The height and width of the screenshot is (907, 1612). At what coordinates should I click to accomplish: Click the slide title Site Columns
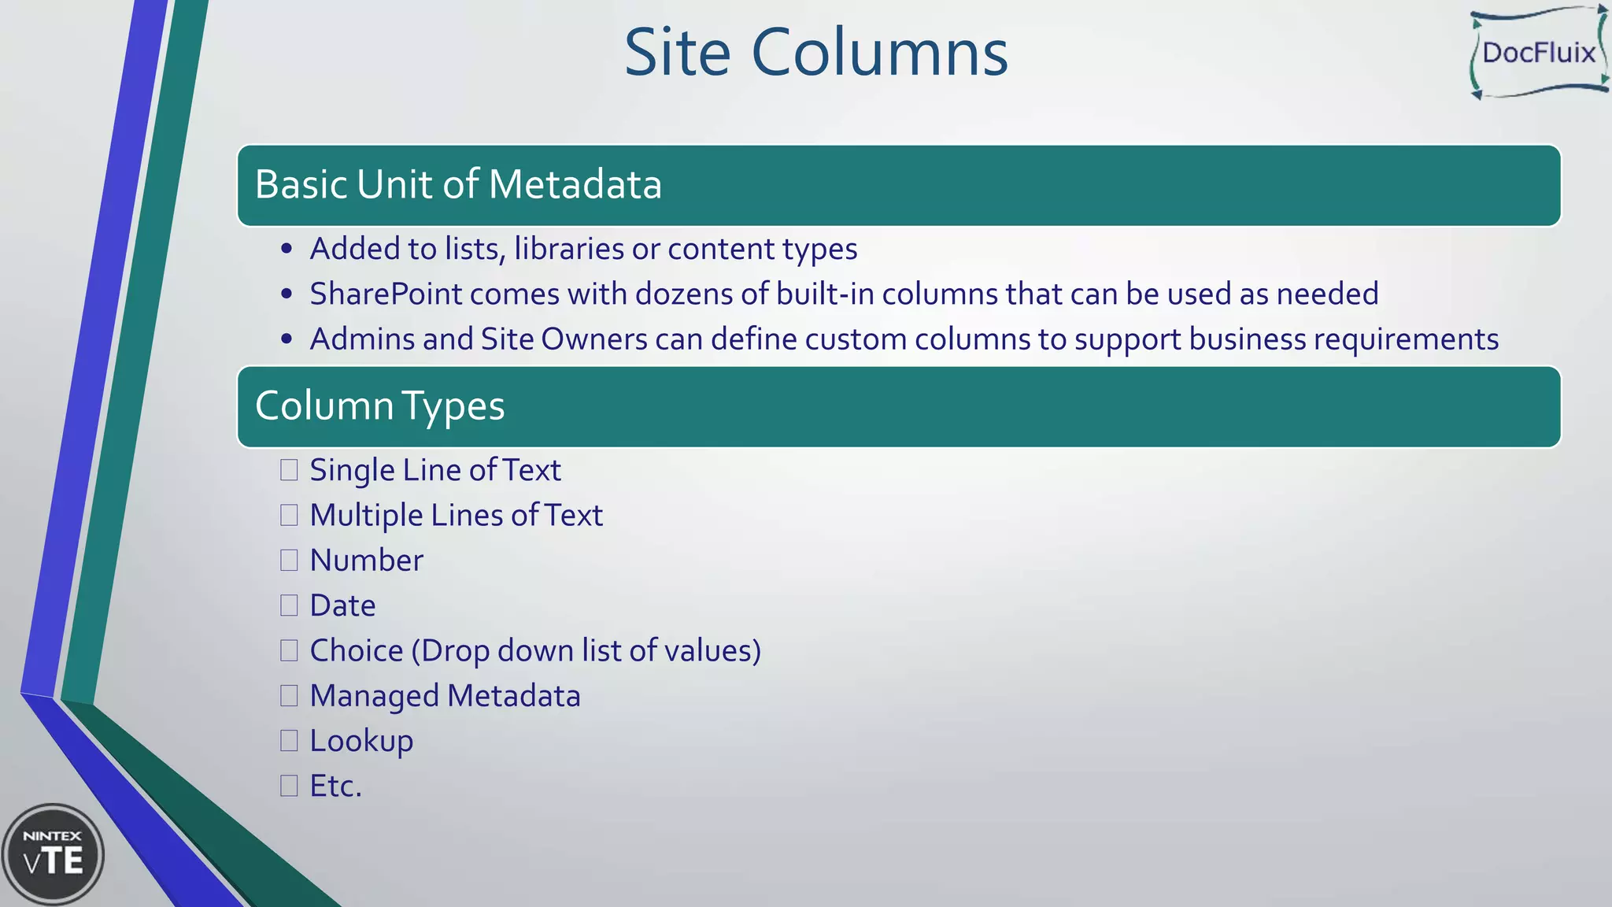coord(815,53)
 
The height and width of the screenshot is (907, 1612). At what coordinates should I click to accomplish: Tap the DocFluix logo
coord(1539,53)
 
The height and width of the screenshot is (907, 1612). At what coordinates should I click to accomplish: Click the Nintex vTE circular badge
coord(53,854)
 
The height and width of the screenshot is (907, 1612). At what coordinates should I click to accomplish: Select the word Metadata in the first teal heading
coord(575,184)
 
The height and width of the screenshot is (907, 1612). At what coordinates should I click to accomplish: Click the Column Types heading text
coord(379,406)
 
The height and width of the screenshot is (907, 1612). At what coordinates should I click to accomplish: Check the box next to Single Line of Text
coord(289,470)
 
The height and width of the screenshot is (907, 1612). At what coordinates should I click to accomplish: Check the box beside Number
coord(289,561)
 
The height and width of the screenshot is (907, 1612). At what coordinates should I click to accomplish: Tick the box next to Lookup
coord(289,741)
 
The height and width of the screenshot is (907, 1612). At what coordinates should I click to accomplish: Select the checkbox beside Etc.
coord(289,786)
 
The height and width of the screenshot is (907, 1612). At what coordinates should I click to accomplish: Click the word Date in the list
coord(342,605)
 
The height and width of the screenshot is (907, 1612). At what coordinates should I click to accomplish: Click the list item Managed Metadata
coord(445,696)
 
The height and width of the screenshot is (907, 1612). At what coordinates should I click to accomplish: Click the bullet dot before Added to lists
coord(287,250)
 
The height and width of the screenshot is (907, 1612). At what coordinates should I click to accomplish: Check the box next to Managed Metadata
coord(289,696)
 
